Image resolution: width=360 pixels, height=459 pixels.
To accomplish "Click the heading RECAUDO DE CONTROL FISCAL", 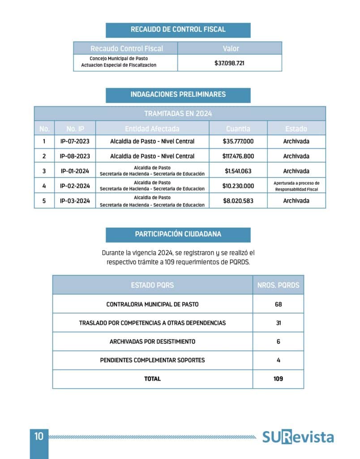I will (178, 30).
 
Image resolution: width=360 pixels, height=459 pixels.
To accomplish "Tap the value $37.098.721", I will (229, 63).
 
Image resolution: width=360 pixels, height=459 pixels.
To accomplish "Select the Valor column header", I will (231, 48).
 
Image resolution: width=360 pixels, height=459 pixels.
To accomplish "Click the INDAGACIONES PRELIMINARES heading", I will (178, 95).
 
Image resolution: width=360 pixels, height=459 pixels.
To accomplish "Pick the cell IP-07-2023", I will (75, 142).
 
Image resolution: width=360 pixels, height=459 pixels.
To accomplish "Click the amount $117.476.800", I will (238, 156).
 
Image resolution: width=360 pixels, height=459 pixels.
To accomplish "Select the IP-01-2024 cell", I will (75, 171).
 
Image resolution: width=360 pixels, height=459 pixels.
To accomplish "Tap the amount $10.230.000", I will (238, 186).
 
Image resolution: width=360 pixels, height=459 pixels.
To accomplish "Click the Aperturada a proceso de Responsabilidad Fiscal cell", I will (296, 186).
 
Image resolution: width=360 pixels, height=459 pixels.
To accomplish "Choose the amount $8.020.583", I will (238, 201).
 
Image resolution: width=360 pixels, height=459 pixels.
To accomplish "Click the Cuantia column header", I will (238, 129).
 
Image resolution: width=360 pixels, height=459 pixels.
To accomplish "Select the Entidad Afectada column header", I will (152, 129).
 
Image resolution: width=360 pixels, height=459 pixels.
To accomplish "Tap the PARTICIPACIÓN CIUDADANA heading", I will (178, 234).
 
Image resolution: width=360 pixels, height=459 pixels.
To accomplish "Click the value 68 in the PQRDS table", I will (278, 304).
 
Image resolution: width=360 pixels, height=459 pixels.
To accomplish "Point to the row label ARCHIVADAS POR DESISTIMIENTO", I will (152, 342).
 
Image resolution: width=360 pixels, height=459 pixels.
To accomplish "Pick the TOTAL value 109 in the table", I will (278, 379).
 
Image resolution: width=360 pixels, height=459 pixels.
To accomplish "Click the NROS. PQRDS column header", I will (278, 285).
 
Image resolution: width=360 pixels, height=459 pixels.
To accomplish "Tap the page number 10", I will (39, 436).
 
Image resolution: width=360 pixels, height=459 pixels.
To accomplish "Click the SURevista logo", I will (298, 437).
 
